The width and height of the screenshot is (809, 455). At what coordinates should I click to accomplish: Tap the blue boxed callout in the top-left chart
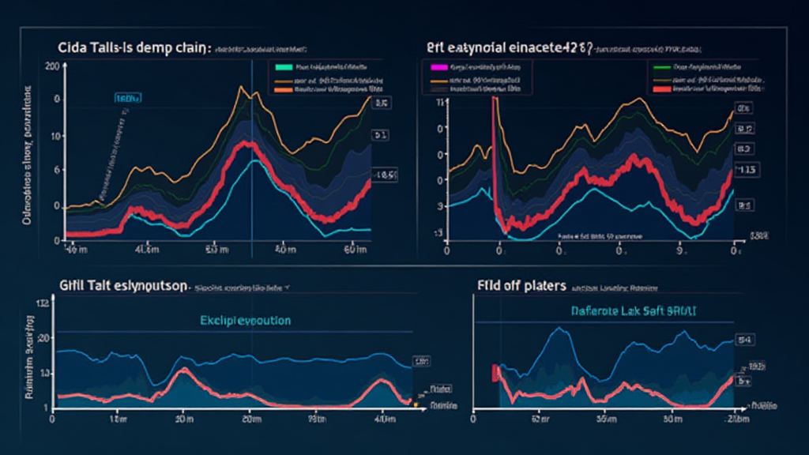click(x=128, y=99)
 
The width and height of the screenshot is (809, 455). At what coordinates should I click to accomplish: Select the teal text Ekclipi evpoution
click(x=246, y=321)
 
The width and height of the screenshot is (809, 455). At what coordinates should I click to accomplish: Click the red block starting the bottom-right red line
click(x=496, y=372)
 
